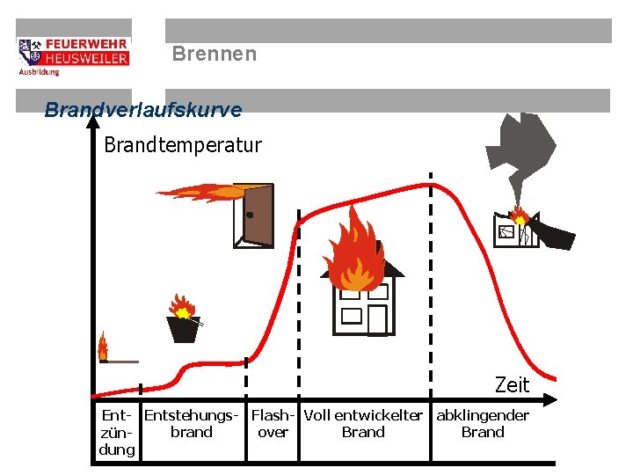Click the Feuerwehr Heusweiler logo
[73, 55]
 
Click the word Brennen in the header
[215, 55]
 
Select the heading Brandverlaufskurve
[142, 110]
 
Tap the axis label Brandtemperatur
[183, 145]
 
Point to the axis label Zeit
[512, 384]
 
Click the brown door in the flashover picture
[257, 215]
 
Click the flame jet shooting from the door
[198, 191]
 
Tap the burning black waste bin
[184, 327]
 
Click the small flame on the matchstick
[103, 346]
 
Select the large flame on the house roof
[354, 251]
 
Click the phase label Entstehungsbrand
[192, 423]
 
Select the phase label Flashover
[273, 423]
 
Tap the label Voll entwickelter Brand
[363, 423]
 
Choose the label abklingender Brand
[483, 423]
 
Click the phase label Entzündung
[117, 432]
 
